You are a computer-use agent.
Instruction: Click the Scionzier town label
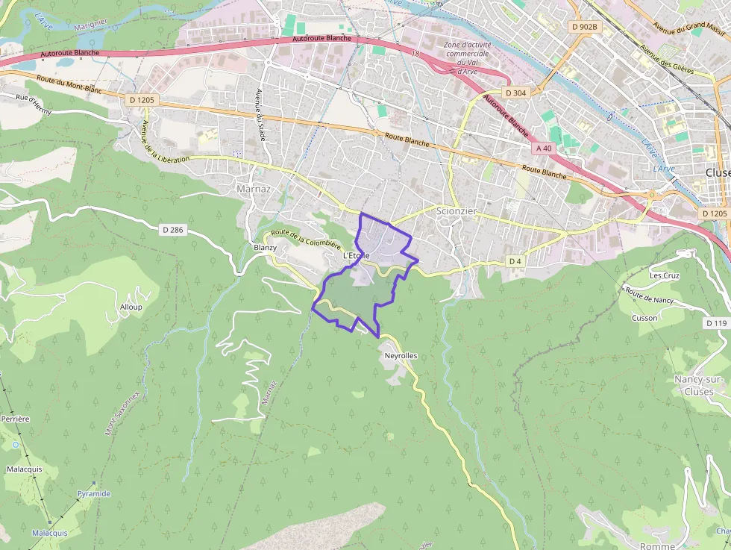pos(455,211)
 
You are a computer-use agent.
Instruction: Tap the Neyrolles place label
pos(401,356)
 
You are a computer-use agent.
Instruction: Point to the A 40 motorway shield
pos(544,149)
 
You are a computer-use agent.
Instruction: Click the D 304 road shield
pos(515,93)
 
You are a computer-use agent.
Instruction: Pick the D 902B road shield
pos(583,27)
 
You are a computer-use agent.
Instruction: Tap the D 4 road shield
pos(515,261)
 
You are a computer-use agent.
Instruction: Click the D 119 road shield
pos(715,323)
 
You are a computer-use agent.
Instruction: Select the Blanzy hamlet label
pos(265,248)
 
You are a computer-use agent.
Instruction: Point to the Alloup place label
pos(131,307)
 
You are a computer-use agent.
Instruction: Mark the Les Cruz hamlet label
pos(664,275)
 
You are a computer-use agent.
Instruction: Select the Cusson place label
pos(644,318)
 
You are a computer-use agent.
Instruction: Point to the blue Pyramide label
pos(93,493)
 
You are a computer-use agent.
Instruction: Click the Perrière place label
pos(15,419)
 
